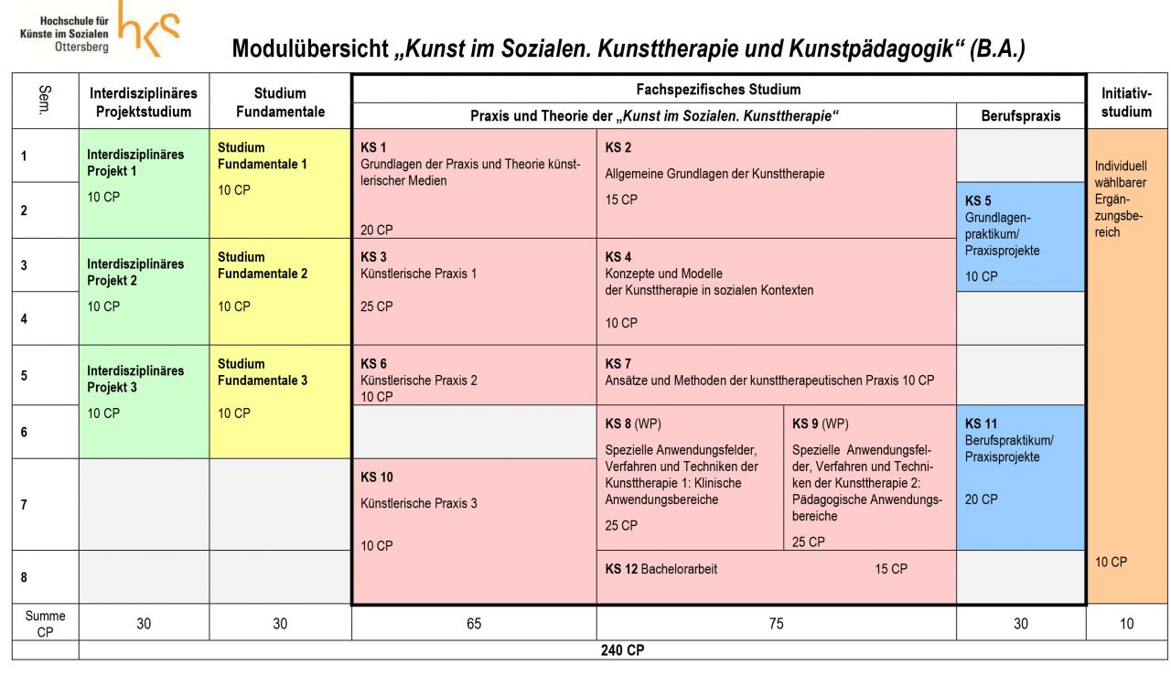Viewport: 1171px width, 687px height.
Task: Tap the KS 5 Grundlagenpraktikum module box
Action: [1020, 237]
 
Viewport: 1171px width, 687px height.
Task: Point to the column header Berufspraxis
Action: [1020, 116]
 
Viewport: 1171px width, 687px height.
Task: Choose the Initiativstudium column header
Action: [1126, 102]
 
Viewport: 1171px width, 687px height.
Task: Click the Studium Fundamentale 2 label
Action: [263, 265]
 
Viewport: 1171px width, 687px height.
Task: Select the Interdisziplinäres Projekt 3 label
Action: [135, 379]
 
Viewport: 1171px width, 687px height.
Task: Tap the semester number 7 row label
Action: [24, 505]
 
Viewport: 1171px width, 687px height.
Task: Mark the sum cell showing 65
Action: [474, 624]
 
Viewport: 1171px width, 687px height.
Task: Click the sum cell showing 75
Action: [776, 624]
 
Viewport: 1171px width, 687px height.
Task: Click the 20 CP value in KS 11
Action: [982, 499]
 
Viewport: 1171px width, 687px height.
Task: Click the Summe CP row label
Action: [45, 624]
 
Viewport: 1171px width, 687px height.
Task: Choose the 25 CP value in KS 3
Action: [377, 306]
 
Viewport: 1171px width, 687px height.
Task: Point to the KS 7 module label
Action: [618, 363]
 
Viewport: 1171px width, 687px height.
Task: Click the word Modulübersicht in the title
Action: [311, 49]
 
